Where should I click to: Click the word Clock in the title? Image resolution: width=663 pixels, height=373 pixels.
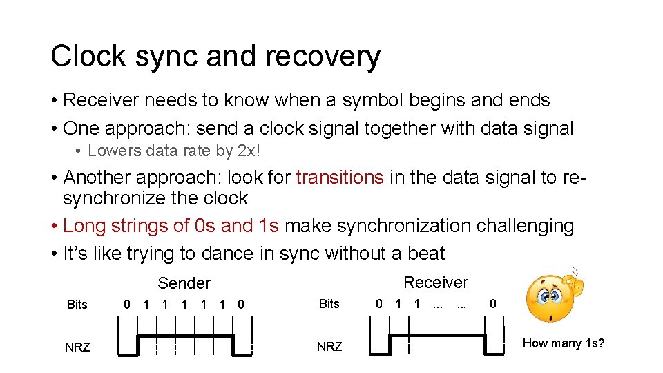[x=87, y=57]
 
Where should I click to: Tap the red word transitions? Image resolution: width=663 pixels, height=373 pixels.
[x=339, y=178]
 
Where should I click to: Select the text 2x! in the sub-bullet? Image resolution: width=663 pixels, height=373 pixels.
[x=273, y=151]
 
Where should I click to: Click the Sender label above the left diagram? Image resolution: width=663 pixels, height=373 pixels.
[x=184, y=283]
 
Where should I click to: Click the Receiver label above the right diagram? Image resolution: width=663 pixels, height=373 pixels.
[x=436, y=282]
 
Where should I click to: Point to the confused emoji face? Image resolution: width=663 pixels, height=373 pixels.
[x=551, y=298]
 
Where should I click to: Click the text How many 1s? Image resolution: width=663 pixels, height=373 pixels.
[x=564, y=343]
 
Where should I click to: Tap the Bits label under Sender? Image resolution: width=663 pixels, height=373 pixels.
[x=77, y=304]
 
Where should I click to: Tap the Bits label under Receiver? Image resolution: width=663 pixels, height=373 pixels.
[x=329, y=303]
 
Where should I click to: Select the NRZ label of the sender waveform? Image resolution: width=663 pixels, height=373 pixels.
[x=77, y=347]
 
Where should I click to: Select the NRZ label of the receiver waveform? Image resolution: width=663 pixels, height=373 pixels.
[x=329, y=346]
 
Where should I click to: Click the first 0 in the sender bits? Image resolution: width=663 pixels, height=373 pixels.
[x=127, y=304]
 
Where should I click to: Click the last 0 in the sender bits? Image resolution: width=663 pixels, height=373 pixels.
[x=240, y=304]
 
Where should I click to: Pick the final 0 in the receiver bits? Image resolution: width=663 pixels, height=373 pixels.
[x=492, y=303]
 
